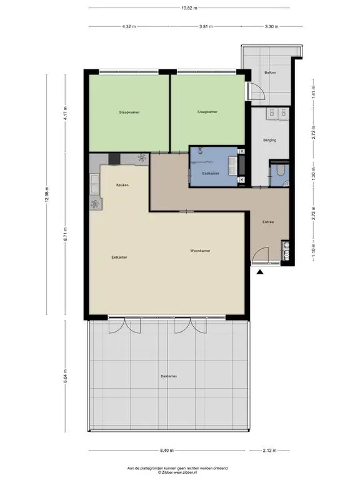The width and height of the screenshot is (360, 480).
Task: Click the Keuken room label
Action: point(122,185)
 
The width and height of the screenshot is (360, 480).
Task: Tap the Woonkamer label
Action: point(200,251)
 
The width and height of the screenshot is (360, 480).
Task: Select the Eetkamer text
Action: point(119,257)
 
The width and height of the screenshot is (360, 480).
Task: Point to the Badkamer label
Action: point(211,173)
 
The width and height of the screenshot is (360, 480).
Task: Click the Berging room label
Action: point(269,141)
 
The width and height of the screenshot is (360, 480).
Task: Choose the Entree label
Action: point(268,222)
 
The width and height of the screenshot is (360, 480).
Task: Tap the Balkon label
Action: point(270,73)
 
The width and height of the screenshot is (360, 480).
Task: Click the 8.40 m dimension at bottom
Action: point(166,450)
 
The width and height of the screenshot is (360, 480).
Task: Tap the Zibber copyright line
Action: point(177,472)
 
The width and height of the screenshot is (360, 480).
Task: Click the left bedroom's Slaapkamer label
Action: point(129,112)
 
